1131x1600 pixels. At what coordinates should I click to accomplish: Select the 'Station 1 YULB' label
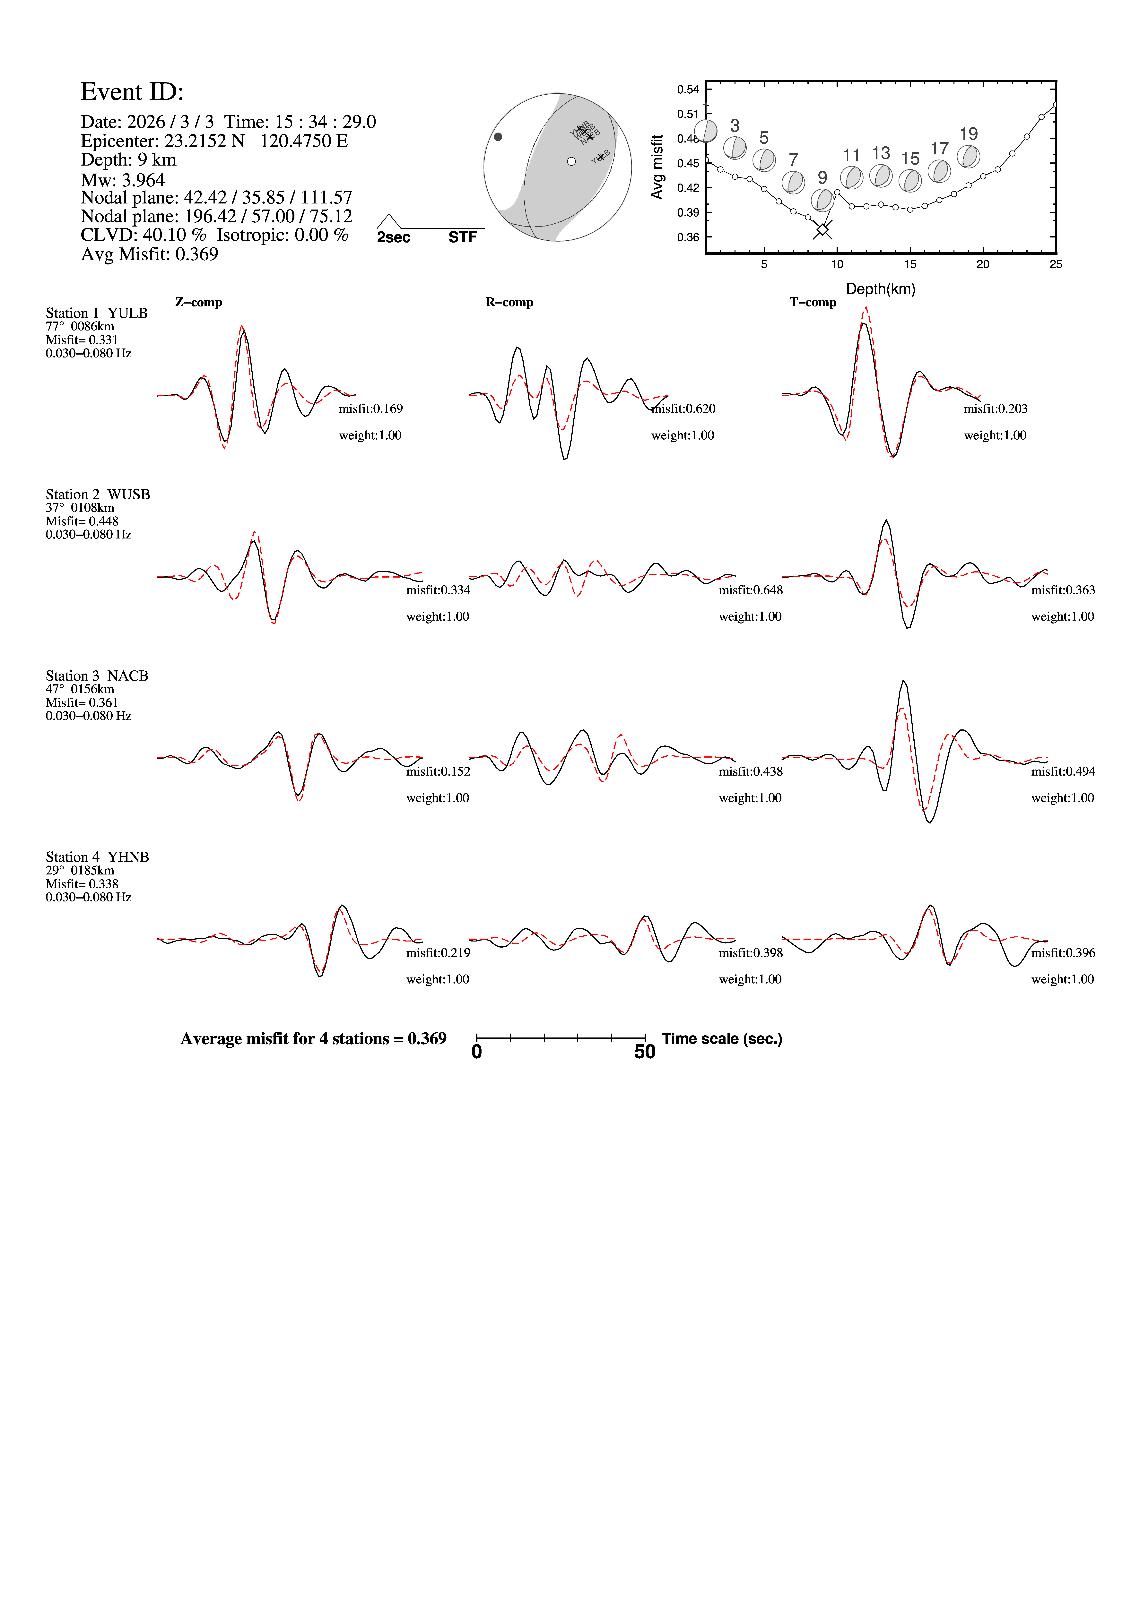pyautogui.click(x=97, y=313)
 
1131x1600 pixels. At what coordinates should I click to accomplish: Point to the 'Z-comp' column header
pyautogui.click(x=199, y=302)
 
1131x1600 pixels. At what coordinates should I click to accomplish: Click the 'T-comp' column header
pyautogui.click(x=813, y=302)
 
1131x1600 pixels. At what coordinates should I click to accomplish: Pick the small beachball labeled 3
pyautogui.click(x=735, y=148)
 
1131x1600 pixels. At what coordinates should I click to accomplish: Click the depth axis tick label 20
pyautogui.click(x=983, y=264)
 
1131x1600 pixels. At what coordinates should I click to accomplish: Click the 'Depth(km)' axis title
pyautogui.click(x=880, y=289)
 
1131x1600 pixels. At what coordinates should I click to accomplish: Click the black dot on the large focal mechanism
pyautogui.click(x=498, y=137)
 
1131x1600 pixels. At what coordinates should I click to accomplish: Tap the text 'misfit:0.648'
pyautogui.click(x=751, y=590)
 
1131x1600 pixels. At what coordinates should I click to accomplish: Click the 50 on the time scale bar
pyautogui.click(x=645, y=1052)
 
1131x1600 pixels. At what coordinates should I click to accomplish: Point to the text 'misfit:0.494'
pyautogui.click(x=1063, y=771)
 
